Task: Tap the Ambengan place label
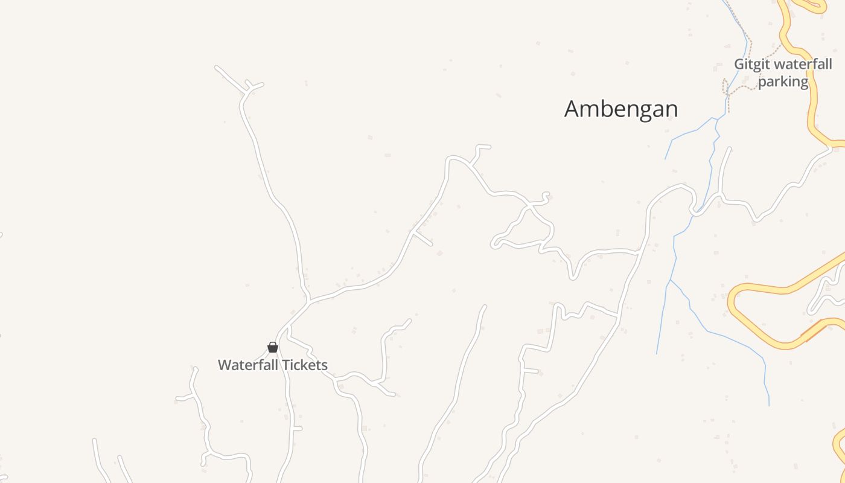[x=621, y=109]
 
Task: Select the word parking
[x=783, y=82]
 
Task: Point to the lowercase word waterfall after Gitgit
[x=802, y=65]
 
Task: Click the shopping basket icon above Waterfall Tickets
[x=273, y=347]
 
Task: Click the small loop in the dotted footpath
[x=725, y=86]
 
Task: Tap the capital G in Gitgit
[x=739, y=65]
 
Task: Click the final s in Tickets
[x=324, y=365]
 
